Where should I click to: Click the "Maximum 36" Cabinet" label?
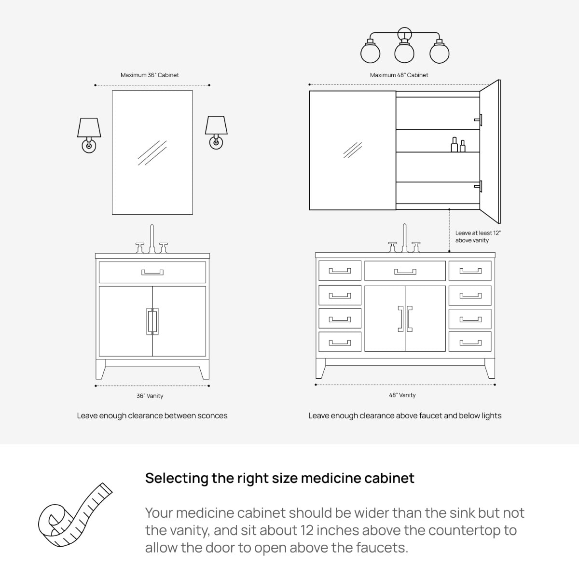tap(150, 75)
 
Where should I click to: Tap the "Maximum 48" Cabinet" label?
tap(399, 75)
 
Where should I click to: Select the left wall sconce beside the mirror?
tap(89, 135)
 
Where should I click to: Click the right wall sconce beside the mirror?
tap(216, 133)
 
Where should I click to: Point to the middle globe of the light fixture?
tap(404, 53)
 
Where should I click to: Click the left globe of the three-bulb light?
tap(370, 53)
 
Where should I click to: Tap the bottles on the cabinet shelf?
tap(458, 145)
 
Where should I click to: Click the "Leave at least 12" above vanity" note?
tap(478, 236)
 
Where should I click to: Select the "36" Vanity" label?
tap(150, 396)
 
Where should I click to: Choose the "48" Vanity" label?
tap(402, 395)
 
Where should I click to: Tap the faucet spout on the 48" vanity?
tap(404, 238)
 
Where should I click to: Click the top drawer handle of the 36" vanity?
tap(152, 272)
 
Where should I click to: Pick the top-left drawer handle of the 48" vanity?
tap(340, 271)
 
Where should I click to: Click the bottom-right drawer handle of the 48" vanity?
tap(470, 343)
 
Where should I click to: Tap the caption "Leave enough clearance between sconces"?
tap(152, 415)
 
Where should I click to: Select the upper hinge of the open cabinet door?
tap(478, 120)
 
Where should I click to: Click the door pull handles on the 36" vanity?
tap(152, 321)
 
